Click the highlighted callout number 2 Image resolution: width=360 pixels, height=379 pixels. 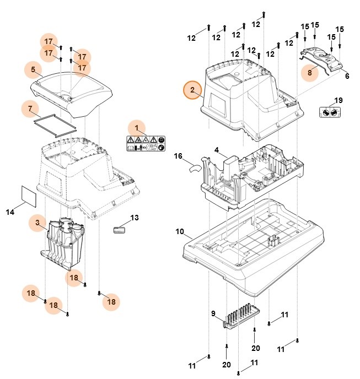[192, 90]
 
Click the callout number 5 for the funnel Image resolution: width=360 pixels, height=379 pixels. [33, 70]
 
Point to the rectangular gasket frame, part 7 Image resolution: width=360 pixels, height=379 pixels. [54, 123]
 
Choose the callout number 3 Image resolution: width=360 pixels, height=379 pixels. [37, 223]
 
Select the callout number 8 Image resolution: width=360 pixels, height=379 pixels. [310, 72]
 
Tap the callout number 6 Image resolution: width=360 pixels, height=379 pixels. [347, 76]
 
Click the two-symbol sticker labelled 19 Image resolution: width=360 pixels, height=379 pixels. [330, 112]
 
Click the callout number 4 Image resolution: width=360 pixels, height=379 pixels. [217, 150]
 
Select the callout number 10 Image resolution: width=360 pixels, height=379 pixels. [180, 232]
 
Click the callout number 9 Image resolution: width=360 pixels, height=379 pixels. [213, 313]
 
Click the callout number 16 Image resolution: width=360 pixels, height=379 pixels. [178, 156]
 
